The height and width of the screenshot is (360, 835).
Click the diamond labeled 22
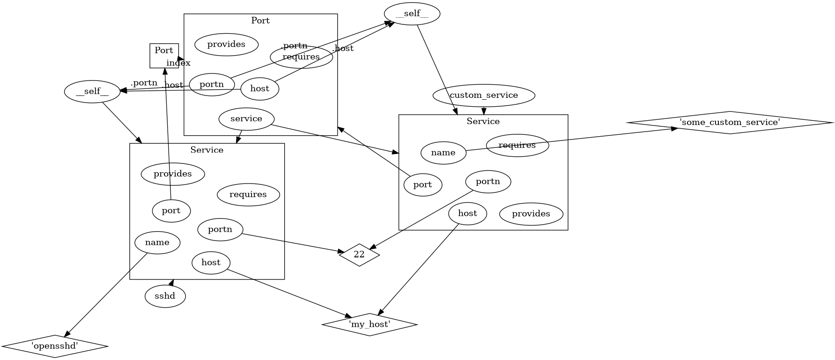coord(359,255)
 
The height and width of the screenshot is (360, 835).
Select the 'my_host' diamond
coord(369,324)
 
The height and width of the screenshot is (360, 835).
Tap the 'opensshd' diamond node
coord(55,346)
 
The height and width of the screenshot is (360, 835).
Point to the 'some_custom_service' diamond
coord(730,123)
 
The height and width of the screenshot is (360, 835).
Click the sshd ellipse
coord(165,296)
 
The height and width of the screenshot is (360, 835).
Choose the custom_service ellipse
coord(484,96)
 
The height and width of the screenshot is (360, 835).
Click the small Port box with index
coord(164,55)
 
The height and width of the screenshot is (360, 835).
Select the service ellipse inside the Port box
coord(246,119)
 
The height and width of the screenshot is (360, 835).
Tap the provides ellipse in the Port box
coord(226,44)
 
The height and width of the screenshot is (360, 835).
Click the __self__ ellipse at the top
coord(412,14)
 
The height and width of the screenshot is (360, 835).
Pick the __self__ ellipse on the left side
coord(92,92)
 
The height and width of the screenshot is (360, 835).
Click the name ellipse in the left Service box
coord(157,242)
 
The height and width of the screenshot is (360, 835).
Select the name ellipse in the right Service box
coord(443,153)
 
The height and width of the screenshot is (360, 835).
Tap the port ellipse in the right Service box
coord(422,185)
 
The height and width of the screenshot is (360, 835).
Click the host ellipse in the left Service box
coord(211,263)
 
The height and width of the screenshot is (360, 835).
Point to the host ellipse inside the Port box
coord(259,89)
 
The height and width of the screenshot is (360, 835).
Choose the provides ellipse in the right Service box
coord(531,214)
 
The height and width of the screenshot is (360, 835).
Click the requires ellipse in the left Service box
coord(248,194)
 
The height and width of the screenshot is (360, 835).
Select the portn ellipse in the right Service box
coord(488,182)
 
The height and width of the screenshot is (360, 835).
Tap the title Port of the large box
coord(260,21)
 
